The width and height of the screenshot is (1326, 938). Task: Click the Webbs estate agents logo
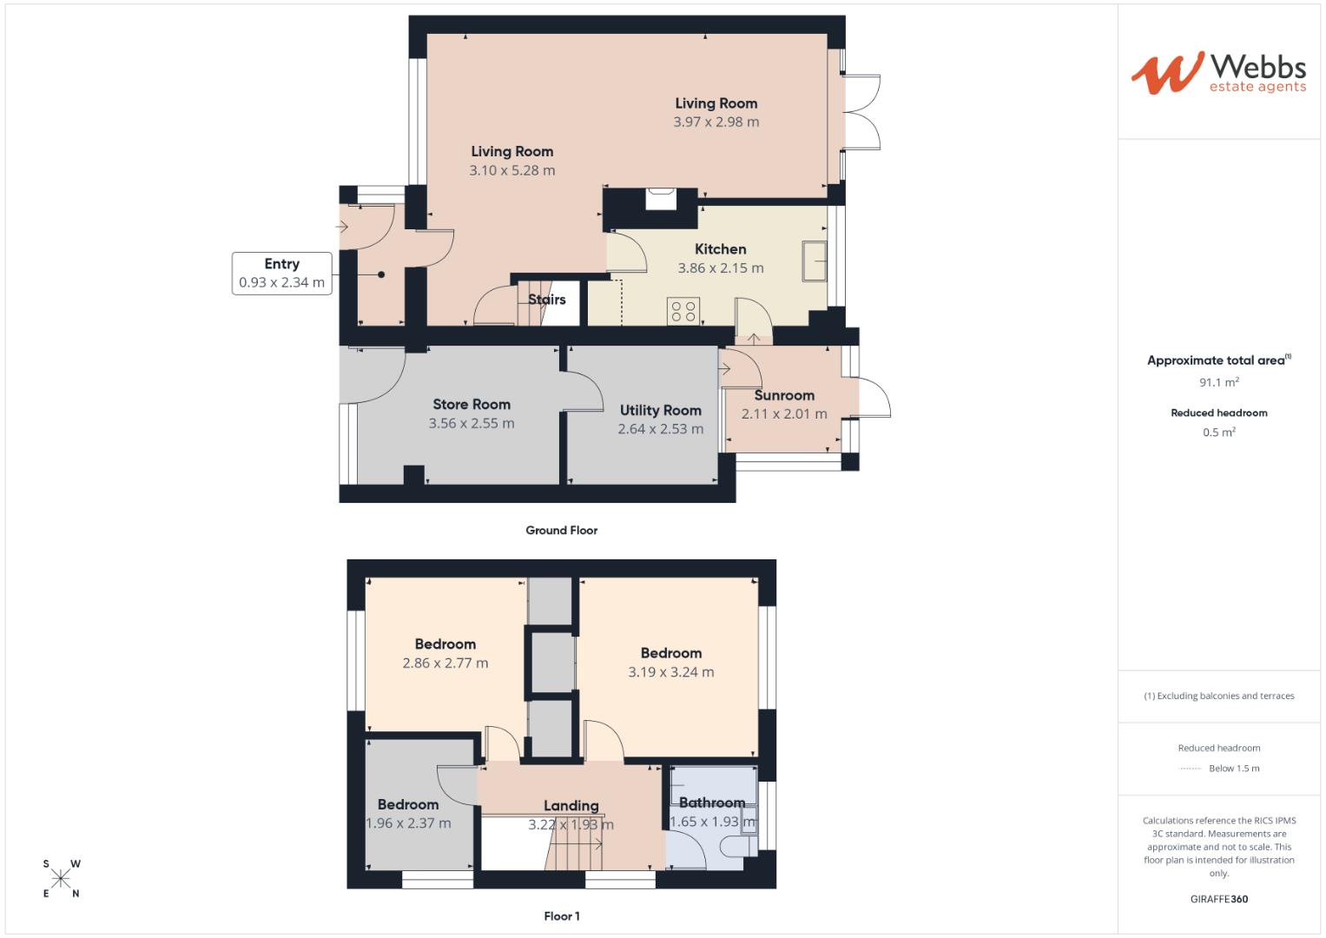[x=1218, y=73]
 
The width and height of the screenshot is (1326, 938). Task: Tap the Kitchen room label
[x=720, y=249]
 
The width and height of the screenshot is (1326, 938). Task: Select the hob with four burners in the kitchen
[x=683, y=311]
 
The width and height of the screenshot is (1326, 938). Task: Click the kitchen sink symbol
[x=815, y=261]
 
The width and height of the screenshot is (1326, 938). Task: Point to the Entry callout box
[x=281, y=273]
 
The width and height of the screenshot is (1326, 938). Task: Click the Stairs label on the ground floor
[x=547, y=300]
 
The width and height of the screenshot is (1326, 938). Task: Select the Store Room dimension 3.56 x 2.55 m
[x=471, y=424]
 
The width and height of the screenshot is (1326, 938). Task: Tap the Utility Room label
[x=660, y=411]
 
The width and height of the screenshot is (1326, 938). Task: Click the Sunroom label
[x=783, y=395]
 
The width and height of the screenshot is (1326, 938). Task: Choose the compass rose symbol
[x=61, y=879]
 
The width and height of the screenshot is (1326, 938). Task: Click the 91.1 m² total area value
[x=1218, y=382]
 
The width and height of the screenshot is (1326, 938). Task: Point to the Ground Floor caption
[x=561, y=531]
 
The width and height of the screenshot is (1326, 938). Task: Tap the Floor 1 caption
[x=561, y=916]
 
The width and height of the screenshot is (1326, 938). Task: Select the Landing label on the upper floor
[x=571, y=806]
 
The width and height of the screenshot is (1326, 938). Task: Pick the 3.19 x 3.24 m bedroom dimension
[x=670, y=672]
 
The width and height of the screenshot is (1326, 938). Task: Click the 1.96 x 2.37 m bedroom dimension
[x=407, y=823]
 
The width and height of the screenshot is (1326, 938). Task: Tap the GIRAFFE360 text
[x=1218, y=899]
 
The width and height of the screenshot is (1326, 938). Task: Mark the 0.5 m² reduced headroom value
[x=1218, y=433]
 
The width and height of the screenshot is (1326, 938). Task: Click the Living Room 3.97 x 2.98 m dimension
[x=716, y=122]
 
